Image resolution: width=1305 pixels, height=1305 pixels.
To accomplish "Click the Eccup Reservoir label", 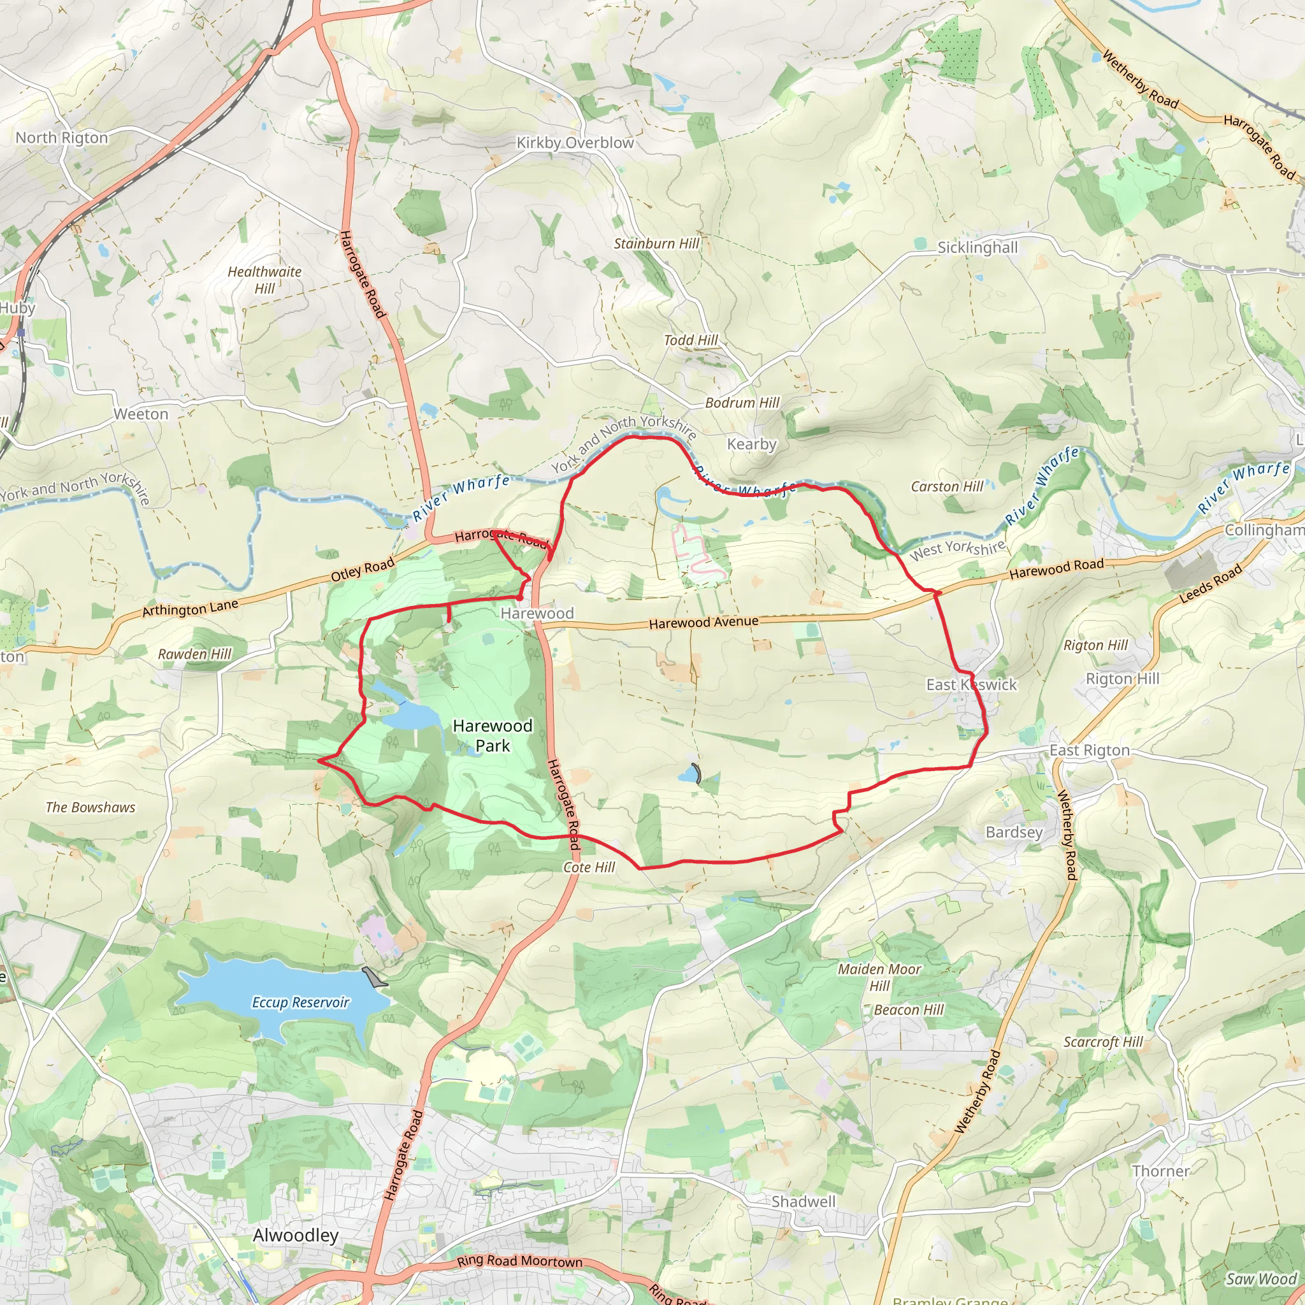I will (x=301, y=1002).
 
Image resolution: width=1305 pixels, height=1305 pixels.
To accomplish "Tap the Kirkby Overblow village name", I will (x=575, y=143).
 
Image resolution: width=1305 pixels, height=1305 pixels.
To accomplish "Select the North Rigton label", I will (x=61, y=138).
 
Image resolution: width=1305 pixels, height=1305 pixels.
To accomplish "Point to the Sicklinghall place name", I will (x=977, y=247).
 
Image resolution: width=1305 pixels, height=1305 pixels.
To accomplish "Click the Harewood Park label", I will (x=493, y=735).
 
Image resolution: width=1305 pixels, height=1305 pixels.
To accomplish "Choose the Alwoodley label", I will (x=296, y=1235).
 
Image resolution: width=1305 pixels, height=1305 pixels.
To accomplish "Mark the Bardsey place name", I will (x=1014, y=832).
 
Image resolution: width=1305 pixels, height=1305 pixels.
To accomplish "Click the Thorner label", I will (x=1161, y=1171).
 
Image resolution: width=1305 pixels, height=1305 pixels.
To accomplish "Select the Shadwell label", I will (x=803, y=1201).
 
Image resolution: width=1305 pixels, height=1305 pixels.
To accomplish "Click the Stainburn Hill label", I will (x=656, y=243).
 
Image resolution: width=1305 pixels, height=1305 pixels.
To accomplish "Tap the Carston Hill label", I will (x=947, y=486).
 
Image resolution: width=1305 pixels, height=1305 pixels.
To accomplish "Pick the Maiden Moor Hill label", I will (x=879, y=977).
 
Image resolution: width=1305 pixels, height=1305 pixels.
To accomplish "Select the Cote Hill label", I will (x=589, y=867).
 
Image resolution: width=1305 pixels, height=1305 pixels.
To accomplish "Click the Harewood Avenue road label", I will (x=703, y=622).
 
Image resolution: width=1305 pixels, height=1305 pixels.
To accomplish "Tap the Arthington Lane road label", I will (x=190, y=608).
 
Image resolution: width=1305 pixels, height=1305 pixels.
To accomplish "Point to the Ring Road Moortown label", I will (x=519, y=1261).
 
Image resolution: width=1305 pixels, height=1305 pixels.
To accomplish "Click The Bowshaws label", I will (x=90, y=807).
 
